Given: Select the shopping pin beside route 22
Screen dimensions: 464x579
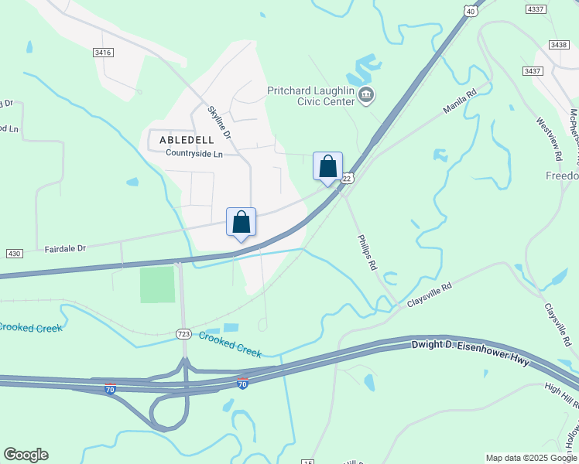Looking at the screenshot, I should click(327, 166).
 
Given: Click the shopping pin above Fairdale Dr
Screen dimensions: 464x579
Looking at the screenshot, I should click(241, 222).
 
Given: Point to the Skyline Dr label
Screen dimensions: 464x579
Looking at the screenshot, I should click(220, 122).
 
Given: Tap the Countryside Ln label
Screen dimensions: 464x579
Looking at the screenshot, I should click(194, 153).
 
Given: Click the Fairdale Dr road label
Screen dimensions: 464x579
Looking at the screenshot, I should click(64, 248).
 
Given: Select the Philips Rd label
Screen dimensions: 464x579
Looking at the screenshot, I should click(366, 252).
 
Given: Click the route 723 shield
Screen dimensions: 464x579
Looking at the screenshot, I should click(183, 333).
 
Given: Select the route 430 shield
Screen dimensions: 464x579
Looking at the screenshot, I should click(14, 254).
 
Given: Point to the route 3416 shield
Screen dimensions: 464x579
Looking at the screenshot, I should click(103, 53).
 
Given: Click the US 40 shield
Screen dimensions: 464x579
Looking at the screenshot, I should click(471, 10).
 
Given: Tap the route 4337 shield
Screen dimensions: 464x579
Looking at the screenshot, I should click(535, 9).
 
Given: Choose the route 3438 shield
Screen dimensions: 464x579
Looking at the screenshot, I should click(559, 46).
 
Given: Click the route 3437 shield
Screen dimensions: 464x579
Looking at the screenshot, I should click(532, 71).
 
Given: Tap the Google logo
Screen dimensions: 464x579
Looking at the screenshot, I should click(26, 455).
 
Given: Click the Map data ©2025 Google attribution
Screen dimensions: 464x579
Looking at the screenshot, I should click(530, 458).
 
